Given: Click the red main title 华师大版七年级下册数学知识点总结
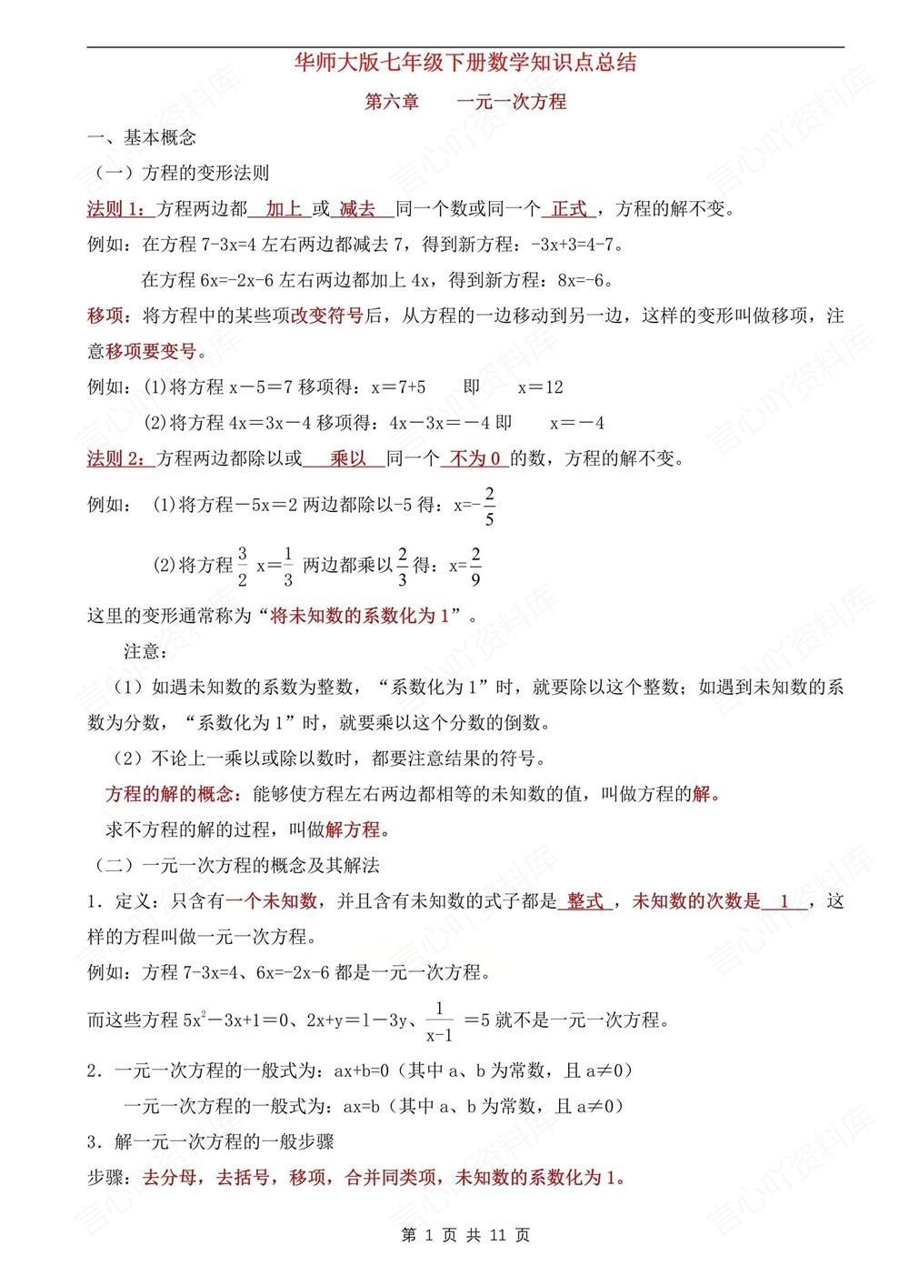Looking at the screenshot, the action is [x=465, y=63].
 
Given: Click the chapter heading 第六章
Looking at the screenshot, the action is [x=392, y=102].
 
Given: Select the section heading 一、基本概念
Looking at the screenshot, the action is [x=142, y=138].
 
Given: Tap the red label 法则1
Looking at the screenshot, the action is [x=116, y=209].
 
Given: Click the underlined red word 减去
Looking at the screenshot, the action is [x=357, y=209].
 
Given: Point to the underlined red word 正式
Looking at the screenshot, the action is [x=569, y=209].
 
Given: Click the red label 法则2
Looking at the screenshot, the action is [x=116, y=458].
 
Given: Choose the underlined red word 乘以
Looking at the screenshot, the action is [x=348, y=458].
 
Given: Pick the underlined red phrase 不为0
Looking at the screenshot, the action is [x=475, y=458].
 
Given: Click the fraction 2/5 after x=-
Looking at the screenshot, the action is [x=489, y=507].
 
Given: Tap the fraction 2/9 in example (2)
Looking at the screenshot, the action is [x=475, y=567].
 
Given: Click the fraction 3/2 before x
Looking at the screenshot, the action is [x=243, y=567].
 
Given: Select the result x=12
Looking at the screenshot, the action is [x=540, y=387].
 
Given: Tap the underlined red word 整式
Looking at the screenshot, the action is [x=584, y=901].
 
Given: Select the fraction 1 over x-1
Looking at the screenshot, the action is [x=439, y=1021].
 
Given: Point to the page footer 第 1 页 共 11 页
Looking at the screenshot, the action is [x=465, y=1235].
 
